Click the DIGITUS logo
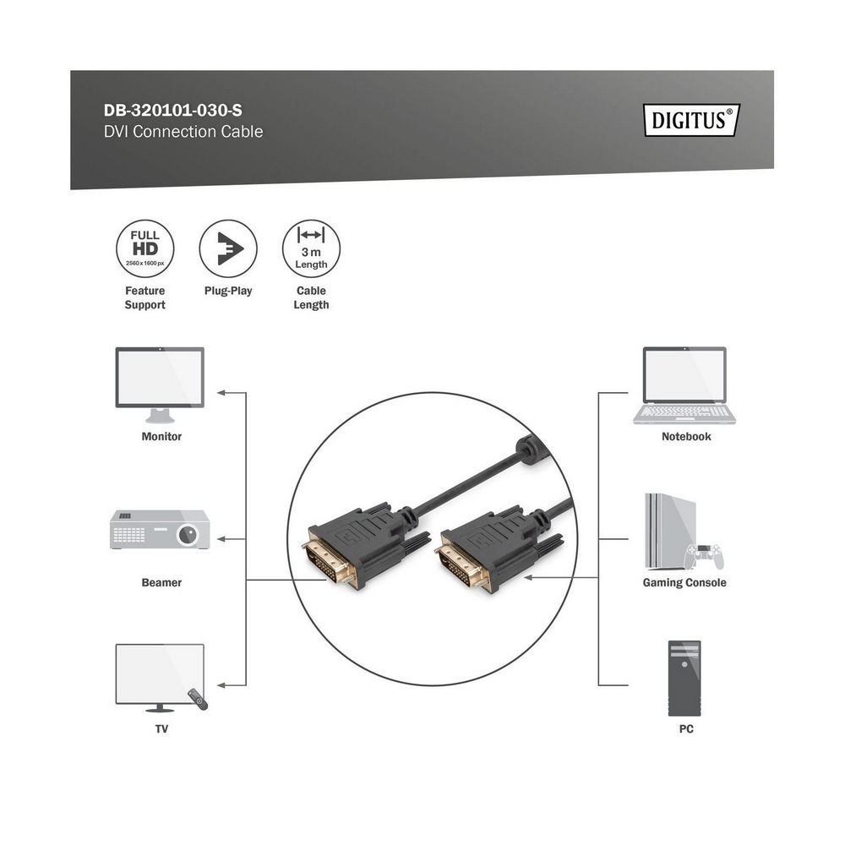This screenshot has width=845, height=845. pyautogui.click(x=691, y=120)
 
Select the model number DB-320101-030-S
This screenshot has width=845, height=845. pyautogui.click(x=173, y=111)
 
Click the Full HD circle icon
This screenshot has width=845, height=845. pyautogui.click(x=145, y=248)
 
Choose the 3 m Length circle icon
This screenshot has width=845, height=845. pyautogui.click(x=311, y=248)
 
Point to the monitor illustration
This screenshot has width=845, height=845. pyautogui.click(x=160, y=384)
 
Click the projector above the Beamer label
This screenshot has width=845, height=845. pyautogui.click(x=160, y=529)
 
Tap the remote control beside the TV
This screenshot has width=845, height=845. pyautogui.click(x=198, y=699)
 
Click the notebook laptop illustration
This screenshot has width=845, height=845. pyautogui.click(x=684, y=385)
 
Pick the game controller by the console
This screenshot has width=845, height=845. pyautogui.click(x=705, y=557)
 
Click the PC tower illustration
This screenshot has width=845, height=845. pyautogui.click(x=684, y=678)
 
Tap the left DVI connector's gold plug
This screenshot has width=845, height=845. pyautogui.click(x=330, y=562)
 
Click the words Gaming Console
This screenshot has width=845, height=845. pyautogui.click(x=684, y=582)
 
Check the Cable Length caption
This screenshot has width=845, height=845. pyautogui.click(x=311, y=297)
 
